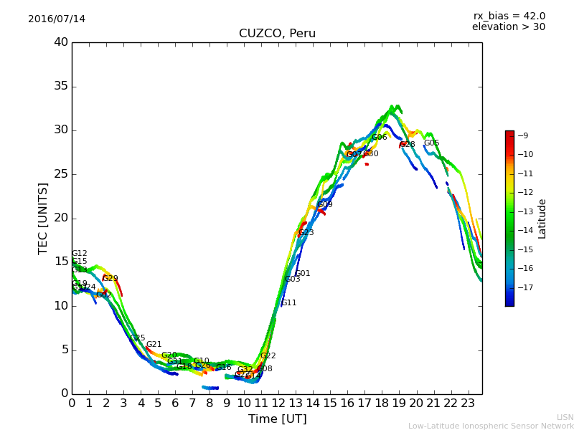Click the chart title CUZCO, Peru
277,34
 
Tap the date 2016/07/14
57,19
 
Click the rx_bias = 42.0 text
509,16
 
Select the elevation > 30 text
509,27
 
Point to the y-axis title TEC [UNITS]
43,218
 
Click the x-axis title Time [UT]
277,419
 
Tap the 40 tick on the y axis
61,42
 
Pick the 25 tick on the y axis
61,174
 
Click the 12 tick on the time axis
278,403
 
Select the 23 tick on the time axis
468,403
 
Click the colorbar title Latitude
542,218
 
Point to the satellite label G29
110,278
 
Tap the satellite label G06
379,138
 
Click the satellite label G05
431,143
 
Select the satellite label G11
288,303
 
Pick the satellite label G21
154,345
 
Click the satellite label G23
306,233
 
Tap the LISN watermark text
565,417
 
